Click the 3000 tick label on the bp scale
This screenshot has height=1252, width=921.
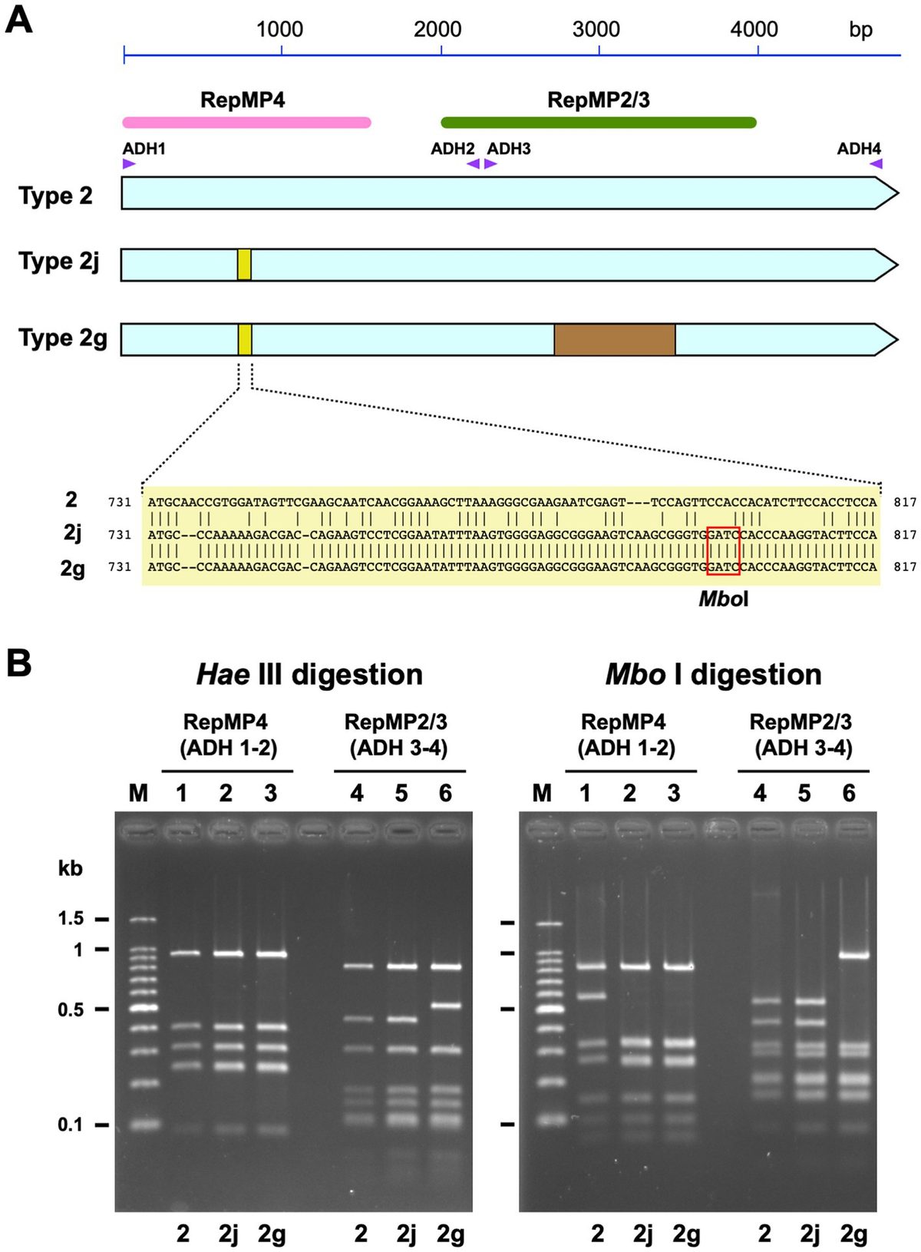(596, 30)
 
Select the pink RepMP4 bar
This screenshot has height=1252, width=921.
(246, 123)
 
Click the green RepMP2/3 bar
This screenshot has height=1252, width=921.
(599, 123)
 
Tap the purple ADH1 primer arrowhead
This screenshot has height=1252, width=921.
(129, 164)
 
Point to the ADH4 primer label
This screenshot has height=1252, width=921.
(859, 148)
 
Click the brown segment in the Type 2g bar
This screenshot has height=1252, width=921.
(615, 339)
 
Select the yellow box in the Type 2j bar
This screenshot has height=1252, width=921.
(244, 264)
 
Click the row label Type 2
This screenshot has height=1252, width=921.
(55, 196)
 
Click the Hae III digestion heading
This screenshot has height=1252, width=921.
(309, 675)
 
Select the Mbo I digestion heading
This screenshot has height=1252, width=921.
(713, 675)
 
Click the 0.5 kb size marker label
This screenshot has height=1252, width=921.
(71, 1009)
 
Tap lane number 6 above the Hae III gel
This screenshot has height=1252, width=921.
(446, 793)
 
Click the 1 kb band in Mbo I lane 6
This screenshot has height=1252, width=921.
(848, 956)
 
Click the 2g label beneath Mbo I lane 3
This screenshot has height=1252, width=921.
(686, 1234)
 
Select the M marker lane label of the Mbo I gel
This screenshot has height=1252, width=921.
(542, 793)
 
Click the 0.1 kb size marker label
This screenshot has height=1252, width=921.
(71, 1125)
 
